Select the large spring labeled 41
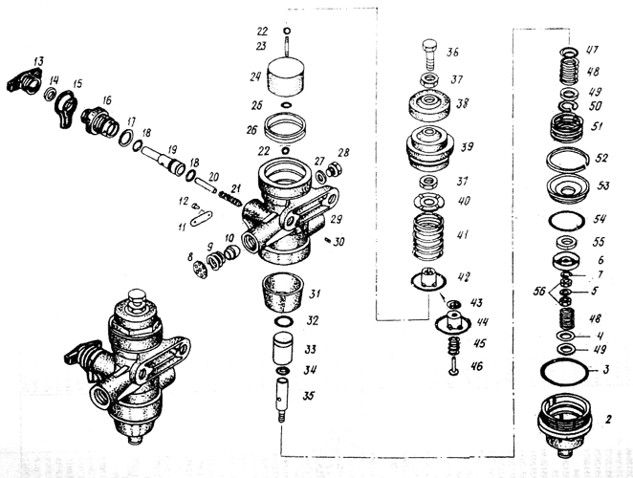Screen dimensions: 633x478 point(428,235)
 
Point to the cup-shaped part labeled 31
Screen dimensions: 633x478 point(283,292)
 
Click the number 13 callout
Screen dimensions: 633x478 point(39,61)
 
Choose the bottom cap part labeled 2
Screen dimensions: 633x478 point(565,424)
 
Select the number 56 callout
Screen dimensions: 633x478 point(539,291)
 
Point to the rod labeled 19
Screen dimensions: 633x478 point(164,160)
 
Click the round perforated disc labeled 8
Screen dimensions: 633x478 point(200,270)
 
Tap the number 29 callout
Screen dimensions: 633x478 point(336,219)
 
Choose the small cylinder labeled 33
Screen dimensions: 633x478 point(283,348)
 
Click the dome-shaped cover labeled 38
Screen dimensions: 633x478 point(429,107)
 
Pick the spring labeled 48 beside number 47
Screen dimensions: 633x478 point(569,70)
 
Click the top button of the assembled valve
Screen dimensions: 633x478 point(137,298)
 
